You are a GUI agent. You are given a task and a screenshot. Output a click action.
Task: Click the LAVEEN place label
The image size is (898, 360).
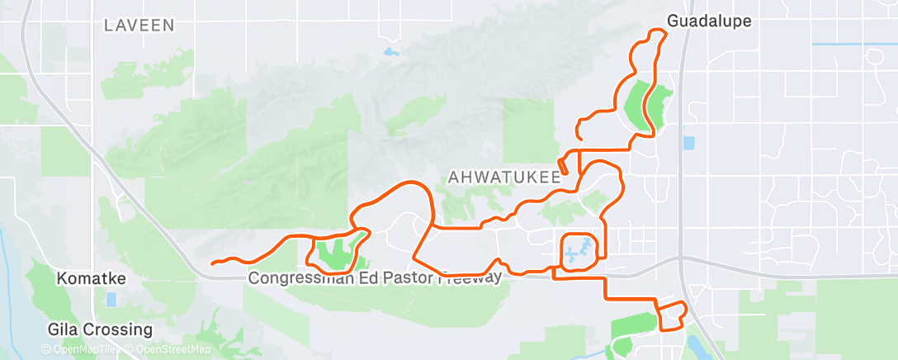[x=139, y=26]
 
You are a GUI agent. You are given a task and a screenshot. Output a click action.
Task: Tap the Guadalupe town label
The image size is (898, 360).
[x=709, y=21]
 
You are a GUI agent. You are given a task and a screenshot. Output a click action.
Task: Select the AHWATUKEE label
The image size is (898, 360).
[x=504, y=176]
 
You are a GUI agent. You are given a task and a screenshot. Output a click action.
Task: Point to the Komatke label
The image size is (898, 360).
[x=91, y=280]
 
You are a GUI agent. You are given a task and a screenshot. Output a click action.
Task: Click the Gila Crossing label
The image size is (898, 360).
[x=99, y=330]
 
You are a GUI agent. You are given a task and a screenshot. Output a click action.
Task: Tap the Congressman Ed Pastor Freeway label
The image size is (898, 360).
[x=374, y=279]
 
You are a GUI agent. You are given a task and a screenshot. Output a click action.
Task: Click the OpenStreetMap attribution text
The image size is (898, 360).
[x=170, y=350]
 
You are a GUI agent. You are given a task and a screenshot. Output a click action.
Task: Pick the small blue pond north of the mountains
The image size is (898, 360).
[x=389, y=54]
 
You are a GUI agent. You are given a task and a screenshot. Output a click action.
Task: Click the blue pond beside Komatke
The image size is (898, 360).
[x=111, y=299]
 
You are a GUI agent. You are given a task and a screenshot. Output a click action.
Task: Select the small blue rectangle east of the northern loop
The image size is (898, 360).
[x=688, y=143]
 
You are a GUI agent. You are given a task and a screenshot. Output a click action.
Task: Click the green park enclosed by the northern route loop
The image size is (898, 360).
[x=645, y=105]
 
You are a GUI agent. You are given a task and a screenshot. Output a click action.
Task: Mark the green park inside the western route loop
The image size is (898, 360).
[x=335, y=253]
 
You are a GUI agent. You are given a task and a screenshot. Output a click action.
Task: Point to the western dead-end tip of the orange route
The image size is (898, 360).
[x=213, y=263]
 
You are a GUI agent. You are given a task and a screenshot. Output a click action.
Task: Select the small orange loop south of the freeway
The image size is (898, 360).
[x=671, y=315]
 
